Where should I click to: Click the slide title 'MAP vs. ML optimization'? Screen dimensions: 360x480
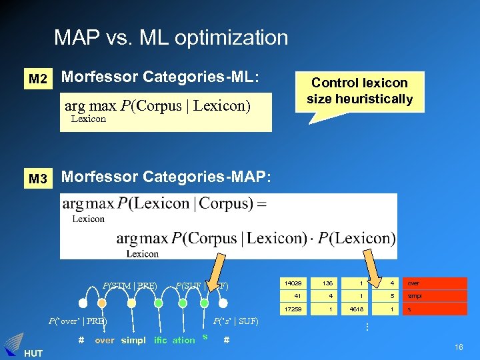point(171,37)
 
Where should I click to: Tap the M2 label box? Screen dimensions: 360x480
point(38,79)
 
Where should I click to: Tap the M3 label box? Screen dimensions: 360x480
point(38,179)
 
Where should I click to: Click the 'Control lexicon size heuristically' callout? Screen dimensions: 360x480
point(359,91)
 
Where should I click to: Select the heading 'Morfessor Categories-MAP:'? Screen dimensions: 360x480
point(167,177)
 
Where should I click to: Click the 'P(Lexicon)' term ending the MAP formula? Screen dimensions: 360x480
point(357,239)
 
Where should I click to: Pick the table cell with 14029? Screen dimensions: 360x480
point(293,283)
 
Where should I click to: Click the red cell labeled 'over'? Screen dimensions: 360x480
point(434,283)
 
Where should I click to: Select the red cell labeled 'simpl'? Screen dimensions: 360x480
point(434,297)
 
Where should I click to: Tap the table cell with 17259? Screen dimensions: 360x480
point(293,310)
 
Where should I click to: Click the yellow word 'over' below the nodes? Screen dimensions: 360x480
point(105,340)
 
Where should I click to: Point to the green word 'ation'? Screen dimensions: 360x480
point(183,340)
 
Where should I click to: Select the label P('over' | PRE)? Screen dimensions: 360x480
point(77,322)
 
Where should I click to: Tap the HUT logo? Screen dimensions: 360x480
point(15,346)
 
